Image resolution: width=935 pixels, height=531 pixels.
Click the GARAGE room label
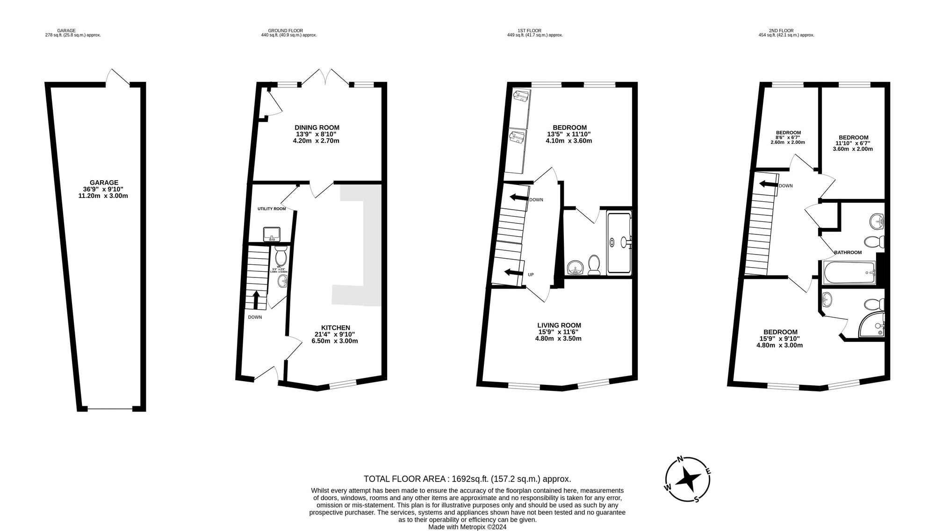pos(104,183)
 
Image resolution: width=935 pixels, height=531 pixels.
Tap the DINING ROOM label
pos(316,127)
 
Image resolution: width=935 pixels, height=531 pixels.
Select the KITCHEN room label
pos(335,328)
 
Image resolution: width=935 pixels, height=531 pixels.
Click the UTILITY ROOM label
pos(271,209)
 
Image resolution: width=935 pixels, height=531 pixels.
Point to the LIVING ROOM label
pos(559,326)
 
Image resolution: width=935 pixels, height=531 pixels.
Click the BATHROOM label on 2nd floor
pos(848,253)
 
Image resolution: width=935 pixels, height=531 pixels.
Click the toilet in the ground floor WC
pos(280,256)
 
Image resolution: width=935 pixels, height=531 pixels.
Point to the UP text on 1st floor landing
pos(531,275)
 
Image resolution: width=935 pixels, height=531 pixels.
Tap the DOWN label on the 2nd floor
pos(785,186)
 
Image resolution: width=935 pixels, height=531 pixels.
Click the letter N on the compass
pos(681,459)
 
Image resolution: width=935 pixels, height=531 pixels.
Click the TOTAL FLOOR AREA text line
pos(467,479)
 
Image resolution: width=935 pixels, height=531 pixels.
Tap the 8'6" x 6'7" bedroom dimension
pos(788,137)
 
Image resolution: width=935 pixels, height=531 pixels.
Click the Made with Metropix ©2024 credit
pos(467,527)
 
